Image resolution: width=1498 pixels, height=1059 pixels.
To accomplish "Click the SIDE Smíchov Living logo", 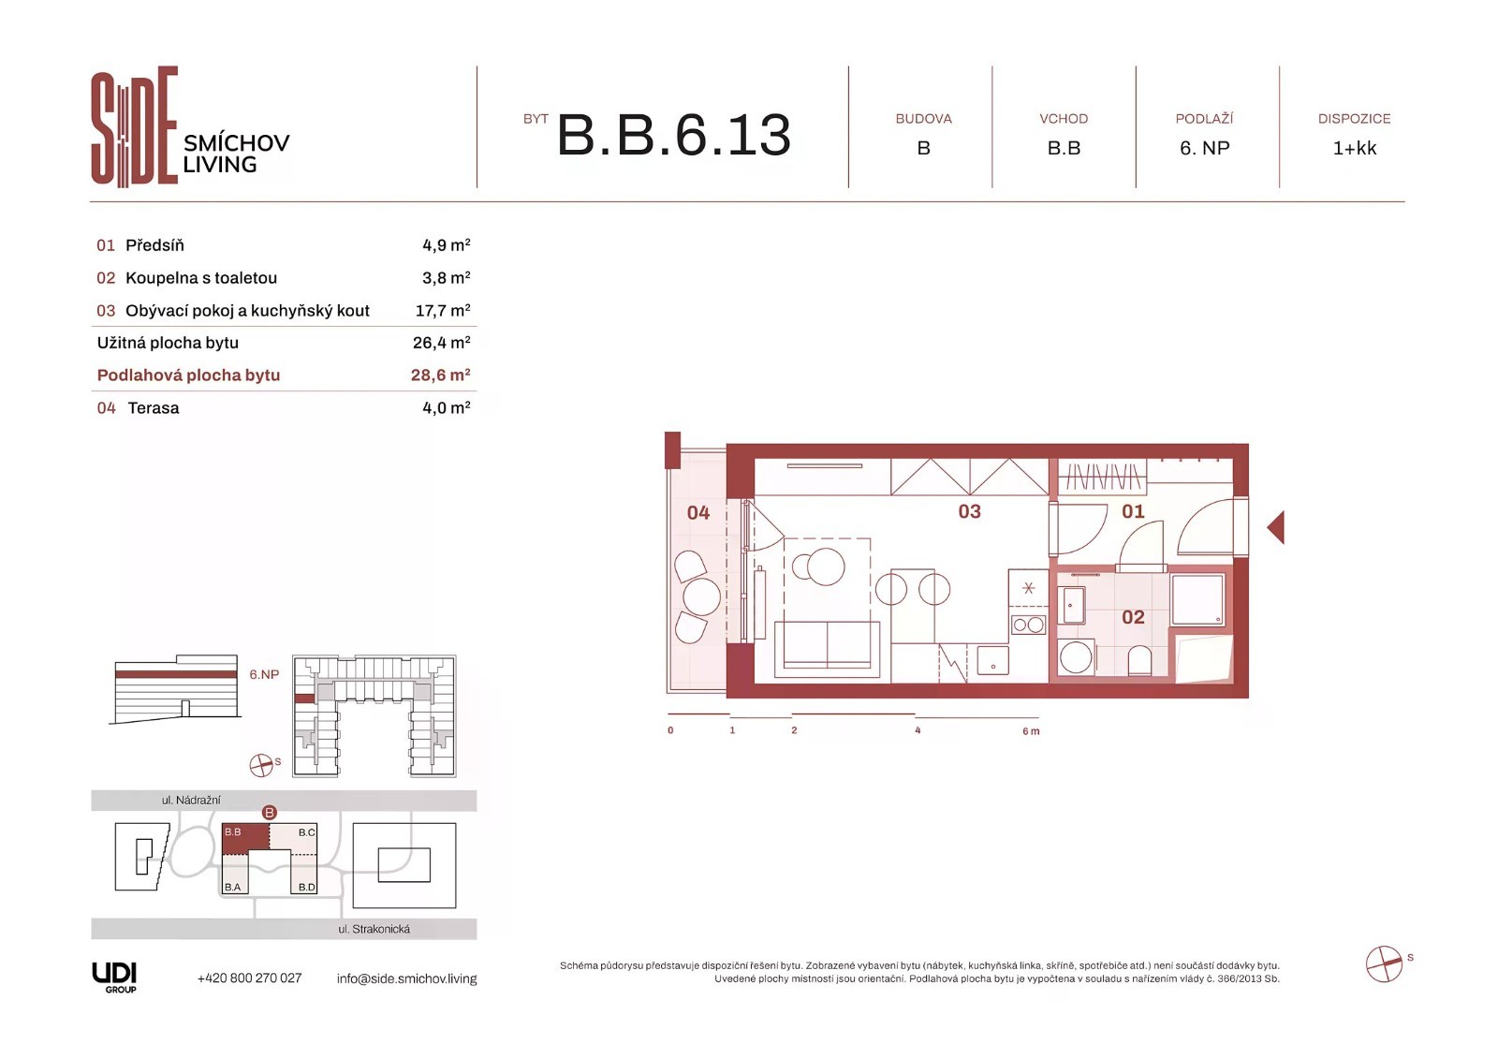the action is [191, 126].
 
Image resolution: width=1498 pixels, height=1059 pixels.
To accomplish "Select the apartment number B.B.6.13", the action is [673, 135].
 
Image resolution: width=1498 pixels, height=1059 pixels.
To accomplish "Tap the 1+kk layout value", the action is [1354, 148].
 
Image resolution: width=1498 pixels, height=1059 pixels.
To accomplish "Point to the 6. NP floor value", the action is [1204, 148].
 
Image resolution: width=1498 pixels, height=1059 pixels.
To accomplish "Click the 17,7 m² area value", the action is [443, 311].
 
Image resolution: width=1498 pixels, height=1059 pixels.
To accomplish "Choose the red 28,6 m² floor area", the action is [441, 375].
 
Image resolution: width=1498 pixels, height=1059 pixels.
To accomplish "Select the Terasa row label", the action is [154, 408].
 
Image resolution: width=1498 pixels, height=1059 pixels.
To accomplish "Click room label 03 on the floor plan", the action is [969, 512].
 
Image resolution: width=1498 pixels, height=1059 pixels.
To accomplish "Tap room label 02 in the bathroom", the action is [1133, 617].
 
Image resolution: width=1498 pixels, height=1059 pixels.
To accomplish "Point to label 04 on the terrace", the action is [698, 513].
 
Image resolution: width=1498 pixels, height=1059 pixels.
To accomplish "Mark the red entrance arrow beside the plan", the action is [1275, 527].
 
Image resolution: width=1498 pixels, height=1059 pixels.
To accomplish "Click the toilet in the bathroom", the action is [1138, 661].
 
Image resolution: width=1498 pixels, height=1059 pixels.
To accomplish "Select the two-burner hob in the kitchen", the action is [1028, 625].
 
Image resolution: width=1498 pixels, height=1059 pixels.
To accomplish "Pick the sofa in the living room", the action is [828, 649].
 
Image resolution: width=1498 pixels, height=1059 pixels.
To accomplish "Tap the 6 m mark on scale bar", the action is [1031, 731].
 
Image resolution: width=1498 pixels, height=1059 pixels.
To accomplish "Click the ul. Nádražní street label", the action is [191, 801].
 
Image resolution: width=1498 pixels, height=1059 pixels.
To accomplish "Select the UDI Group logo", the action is [114, 978].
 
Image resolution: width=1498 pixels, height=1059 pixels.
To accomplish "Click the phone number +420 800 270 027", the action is [249, 978].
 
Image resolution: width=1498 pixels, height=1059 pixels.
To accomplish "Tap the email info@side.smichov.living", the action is [406, 978].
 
